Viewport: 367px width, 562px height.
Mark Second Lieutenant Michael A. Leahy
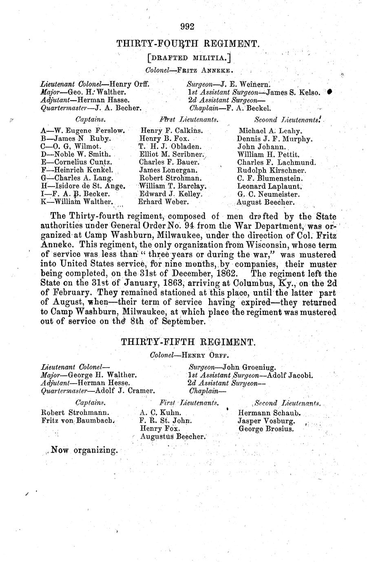click(x=270, y=131)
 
